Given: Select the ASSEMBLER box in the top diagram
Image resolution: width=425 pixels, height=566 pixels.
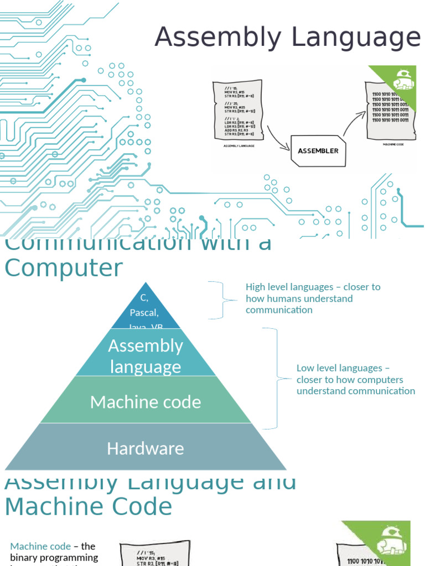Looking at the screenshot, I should click(x=318, y=150).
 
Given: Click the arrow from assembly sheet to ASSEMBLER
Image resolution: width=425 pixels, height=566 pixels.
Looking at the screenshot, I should click(x=278, y=138).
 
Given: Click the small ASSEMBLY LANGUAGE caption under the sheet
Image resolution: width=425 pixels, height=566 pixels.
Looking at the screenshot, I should click(x=239, y=146).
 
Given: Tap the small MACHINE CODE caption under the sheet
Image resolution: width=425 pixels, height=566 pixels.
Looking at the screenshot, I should click(x=392, y=144).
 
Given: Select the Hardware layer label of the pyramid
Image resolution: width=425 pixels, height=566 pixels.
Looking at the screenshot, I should click(x=145, y=448).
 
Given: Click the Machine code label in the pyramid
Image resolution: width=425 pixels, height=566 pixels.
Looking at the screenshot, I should click(x=145, y=402).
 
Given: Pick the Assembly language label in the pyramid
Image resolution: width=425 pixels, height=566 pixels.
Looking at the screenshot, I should click(x=145, y=356).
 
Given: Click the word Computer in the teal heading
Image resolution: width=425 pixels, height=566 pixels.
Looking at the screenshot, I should click(x=64, y=268).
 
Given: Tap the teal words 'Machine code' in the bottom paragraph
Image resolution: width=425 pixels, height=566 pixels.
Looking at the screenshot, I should click(x=40, y=546).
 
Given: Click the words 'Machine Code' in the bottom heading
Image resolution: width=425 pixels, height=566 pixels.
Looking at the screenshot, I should click(x=89, y=506).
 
